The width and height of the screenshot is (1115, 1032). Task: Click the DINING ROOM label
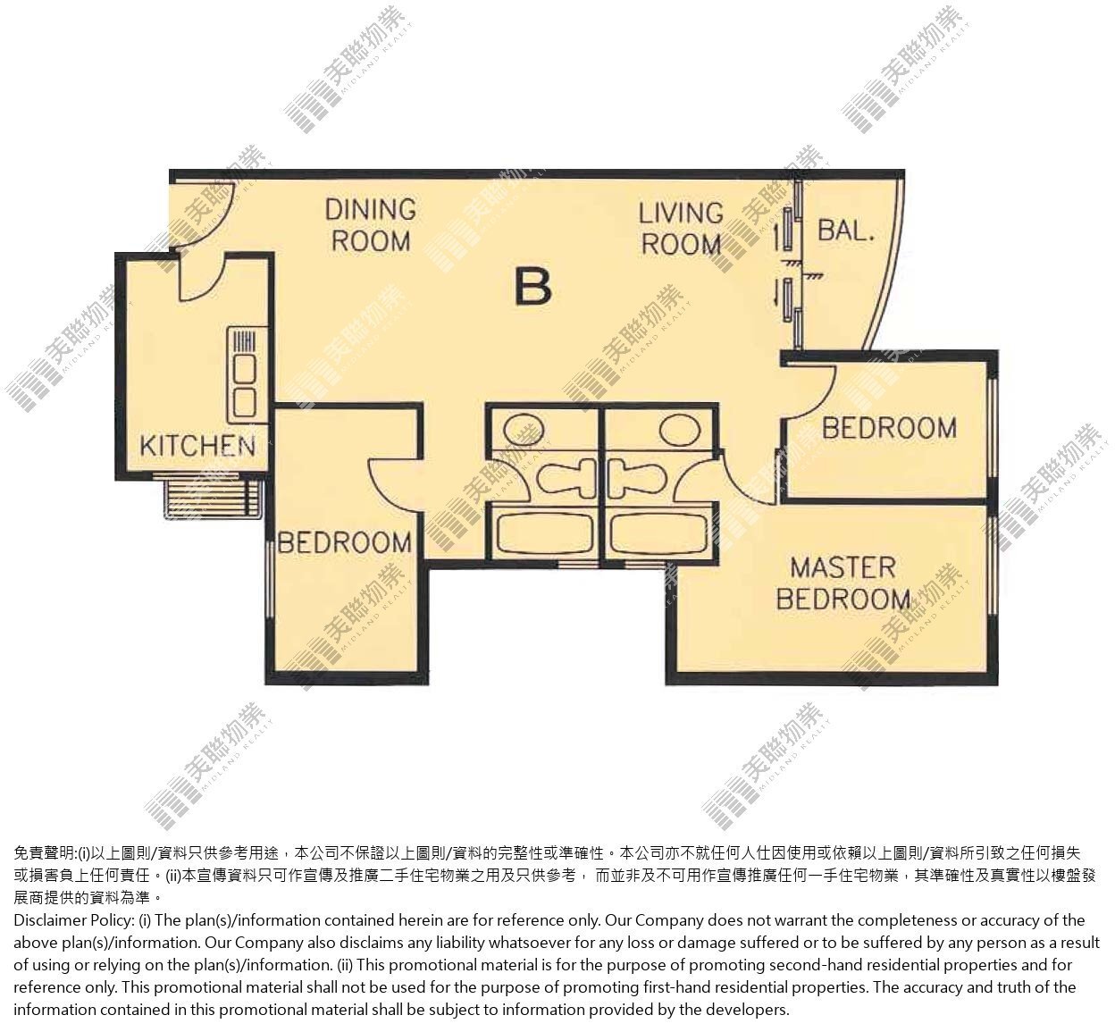pyautogui.click(x=371, y=225)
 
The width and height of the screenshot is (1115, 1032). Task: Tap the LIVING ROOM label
pyautogui.click(x=681, y=229)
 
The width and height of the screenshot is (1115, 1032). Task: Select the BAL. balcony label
pyautogui.click(x=846, y=231)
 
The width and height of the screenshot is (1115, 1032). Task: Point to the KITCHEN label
pyautogui.click(x=197, y=446)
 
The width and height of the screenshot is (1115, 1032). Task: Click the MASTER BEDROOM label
pyautogui.click(x=843, y=583)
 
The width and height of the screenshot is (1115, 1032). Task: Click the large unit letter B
pyautogui.click(x=532, y=287)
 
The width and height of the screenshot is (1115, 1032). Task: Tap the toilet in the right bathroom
pyautogui.click(x=638, y=478)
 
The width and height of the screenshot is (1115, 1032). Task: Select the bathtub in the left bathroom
pyautogui.click(x=545, y=534)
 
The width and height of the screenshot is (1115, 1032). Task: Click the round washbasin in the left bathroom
pyautogui.click(x=524, y=431)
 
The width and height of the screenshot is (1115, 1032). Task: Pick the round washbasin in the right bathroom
pyautogui.click(x=680, y=431)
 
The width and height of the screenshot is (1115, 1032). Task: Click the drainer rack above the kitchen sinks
pyautogui.click(x=244, y=340)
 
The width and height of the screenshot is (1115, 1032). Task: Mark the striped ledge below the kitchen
pyautogui.click(x=214, y=497)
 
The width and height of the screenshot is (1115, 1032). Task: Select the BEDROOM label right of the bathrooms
pyautogui.click(x=889, y=428)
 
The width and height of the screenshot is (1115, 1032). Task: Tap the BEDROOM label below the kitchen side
pyautogui.click(x=345, y=543)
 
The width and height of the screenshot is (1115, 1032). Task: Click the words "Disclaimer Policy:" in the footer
pyautogui.click(x=73, y=920)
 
